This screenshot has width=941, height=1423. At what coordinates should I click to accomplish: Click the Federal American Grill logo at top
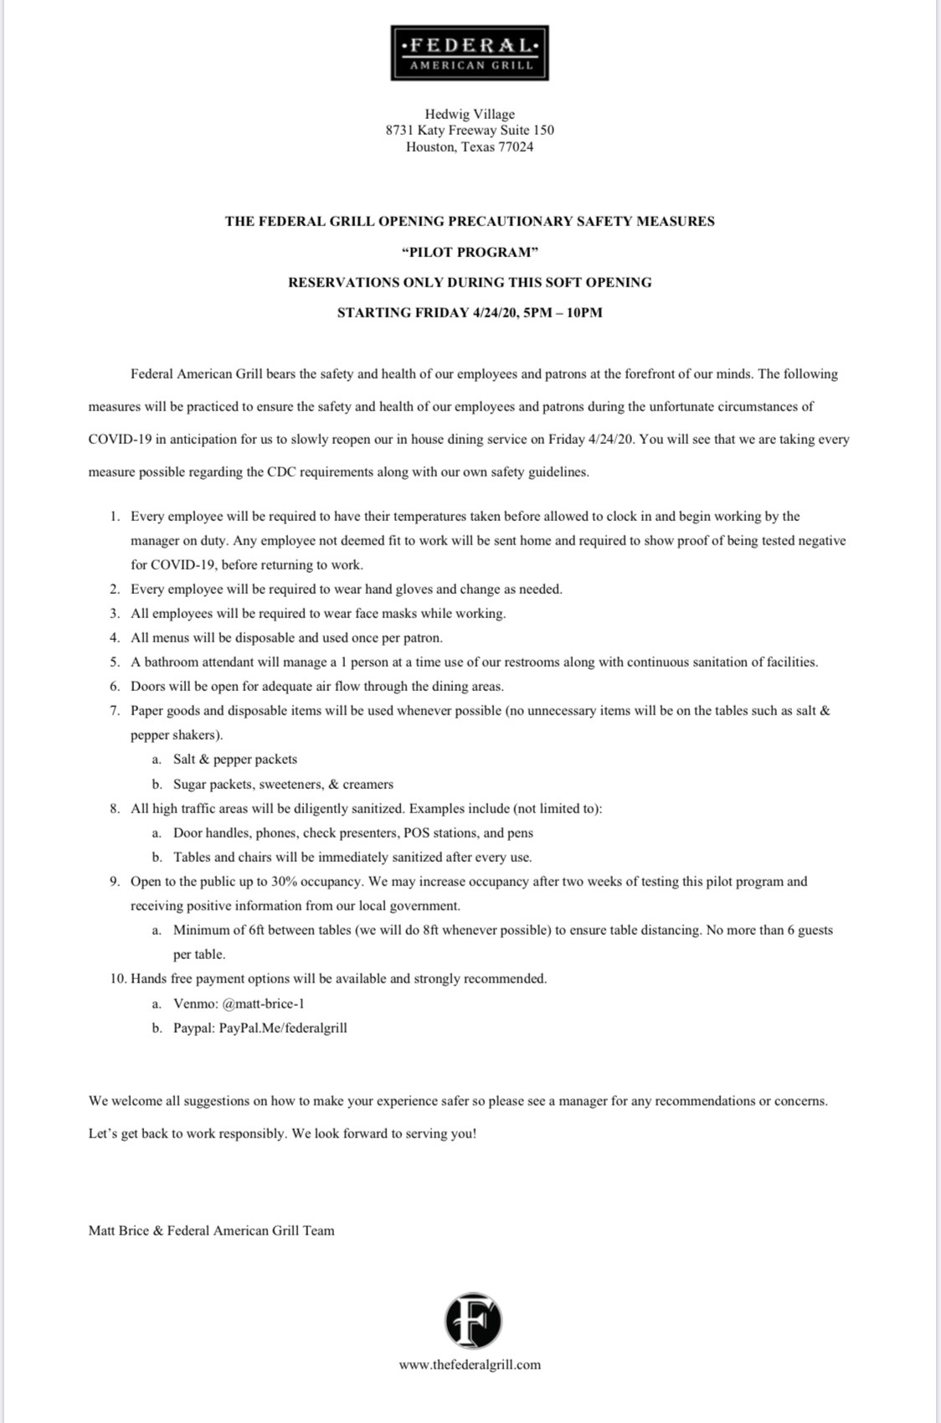tap(470, 53)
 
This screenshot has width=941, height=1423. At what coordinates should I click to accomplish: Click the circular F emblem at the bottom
tap(473, 1321)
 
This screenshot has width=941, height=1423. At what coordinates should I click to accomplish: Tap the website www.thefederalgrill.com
tap(470, 1364)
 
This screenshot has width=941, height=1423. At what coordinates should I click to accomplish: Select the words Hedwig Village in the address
tap(470, 114)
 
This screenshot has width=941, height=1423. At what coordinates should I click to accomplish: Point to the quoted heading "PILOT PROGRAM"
tap(470, 252)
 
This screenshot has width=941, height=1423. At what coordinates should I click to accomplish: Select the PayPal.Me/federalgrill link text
tap(283, 1027)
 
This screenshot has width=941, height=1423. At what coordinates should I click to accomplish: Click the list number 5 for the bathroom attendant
tap(115, 662)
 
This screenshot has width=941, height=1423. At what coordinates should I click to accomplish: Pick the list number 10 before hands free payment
tap(117, 978)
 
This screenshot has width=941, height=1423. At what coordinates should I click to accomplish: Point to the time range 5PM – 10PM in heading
tap(562, 312)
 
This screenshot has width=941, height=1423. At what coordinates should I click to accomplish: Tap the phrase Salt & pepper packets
tap(235, 759)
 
